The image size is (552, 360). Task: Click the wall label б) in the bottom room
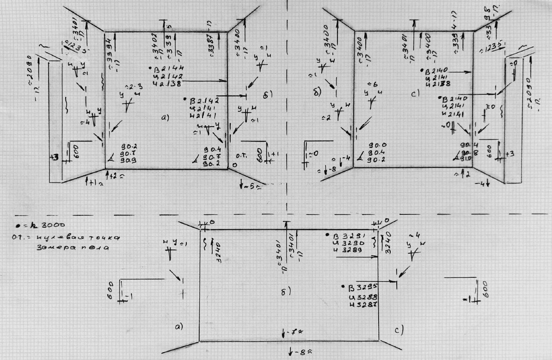(285, 292)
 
